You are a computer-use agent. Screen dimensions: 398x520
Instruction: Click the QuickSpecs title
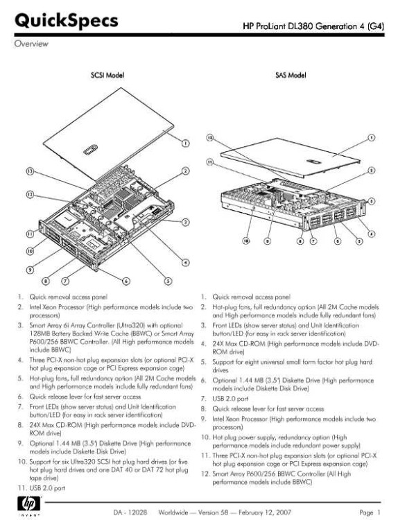point(67,21)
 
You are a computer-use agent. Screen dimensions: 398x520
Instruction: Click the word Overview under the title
point(31,44)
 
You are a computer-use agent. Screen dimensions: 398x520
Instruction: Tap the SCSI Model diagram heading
point(107,76)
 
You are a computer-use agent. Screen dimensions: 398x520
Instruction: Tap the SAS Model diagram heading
point(291,76)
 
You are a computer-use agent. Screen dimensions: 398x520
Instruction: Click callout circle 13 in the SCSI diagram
point(31,171)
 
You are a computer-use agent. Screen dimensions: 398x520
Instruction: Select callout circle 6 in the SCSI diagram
point(126,281)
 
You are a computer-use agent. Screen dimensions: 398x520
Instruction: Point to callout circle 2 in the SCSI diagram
point(186,171)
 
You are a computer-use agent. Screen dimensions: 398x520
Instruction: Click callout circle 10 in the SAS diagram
point(246,241)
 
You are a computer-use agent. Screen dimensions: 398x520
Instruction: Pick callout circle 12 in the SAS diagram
point(210,137)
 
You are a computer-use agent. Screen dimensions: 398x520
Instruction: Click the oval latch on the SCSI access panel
point(90,150)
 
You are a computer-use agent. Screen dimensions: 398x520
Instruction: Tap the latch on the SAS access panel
point(313,162)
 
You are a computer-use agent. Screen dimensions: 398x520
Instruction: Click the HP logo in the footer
point(31,505)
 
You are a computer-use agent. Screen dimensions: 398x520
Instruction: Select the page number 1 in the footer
point(379,512)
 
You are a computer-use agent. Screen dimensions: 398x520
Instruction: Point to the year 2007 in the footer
point(283,512)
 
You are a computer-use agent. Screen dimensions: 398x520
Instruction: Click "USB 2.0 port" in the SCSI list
point(47,488)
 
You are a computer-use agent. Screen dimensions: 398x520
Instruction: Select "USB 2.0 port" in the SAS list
point(230,399)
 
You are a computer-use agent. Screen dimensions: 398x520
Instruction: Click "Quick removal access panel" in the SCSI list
point(69,297)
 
